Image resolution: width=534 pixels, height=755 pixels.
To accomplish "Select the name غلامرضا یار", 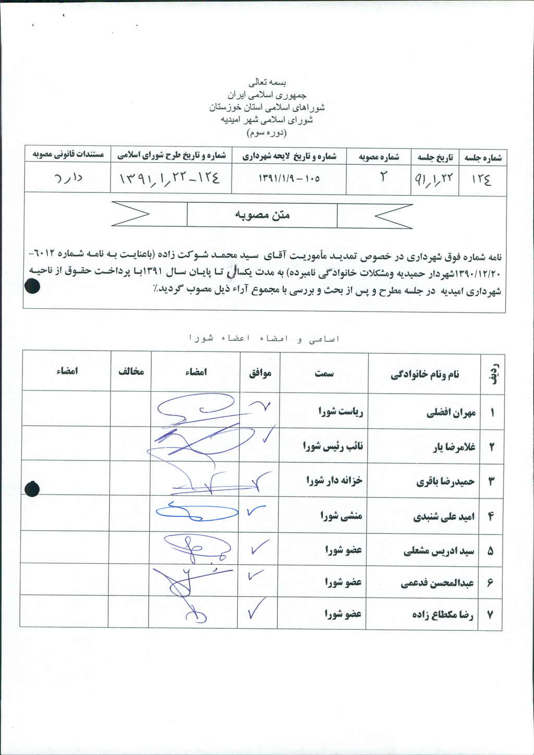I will [x=454, y=447].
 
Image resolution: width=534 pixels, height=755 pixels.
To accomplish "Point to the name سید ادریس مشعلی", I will [x=439, y=551].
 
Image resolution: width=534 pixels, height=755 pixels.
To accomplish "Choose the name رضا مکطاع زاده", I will [x=442, y=615].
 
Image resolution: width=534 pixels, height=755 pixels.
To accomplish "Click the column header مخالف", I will [x=131, y=372].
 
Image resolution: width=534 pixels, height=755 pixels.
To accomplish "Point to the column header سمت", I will [x=324, y=373].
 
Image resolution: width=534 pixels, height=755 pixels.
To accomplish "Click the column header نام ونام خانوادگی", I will [x=424, y=374].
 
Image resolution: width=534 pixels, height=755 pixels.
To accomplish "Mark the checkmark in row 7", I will [x=258, y=610].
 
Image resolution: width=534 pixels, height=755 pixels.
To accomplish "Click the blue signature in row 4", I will [x=196, y=512].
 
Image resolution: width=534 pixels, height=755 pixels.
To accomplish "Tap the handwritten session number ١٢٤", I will [x=481, y=180].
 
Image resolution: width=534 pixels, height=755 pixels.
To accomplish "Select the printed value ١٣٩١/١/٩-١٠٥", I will [x=289, y=178].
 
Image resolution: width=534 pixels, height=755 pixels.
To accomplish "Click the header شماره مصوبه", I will [x=379, y=156].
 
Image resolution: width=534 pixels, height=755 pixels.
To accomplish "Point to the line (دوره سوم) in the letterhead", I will [x=266, y=132].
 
